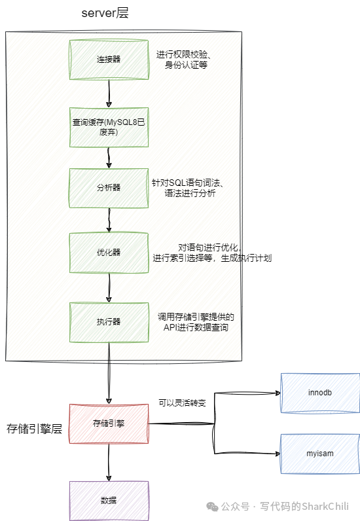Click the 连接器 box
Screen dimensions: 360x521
(109, 60)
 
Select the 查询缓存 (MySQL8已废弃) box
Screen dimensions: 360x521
(109, 127)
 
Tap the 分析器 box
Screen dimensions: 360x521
(109, 188)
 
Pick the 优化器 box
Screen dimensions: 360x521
(109, 253)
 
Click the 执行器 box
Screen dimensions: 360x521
(109, 322)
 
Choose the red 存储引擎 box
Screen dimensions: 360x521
(109, 423)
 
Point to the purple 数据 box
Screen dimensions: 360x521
(109, 501)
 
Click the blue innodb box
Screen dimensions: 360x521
(320, 393)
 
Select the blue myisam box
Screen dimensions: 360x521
(320, 454)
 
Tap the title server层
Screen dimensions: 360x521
(105, 13)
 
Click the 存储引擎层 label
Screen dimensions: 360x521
(34, 429)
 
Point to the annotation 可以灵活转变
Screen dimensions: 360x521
(182, 403)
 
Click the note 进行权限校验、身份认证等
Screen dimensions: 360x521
(184, 60)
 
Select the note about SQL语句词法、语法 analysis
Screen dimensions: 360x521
(188, 188)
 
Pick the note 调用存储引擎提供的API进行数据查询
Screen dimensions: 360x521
(196, 322)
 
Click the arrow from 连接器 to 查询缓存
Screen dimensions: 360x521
(109, 94)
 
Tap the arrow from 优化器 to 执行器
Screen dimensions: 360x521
(109, 288)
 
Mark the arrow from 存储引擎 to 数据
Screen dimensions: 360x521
(109, 462)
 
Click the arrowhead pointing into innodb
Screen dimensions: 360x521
(278, 393)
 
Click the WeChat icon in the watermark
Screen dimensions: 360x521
(212, 507)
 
